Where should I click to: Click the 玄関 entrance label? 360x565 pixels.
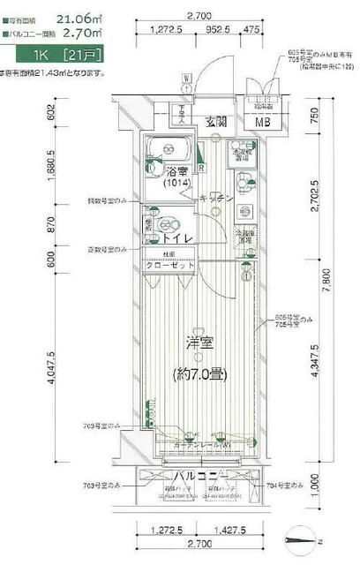[217, 122]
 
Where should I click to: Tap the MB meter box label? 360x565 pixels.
[263, 122]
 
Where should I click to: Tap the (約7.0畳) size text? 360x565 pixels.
[199, 373]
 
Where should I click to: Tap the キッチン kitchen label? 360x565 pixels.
[216, 198]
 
